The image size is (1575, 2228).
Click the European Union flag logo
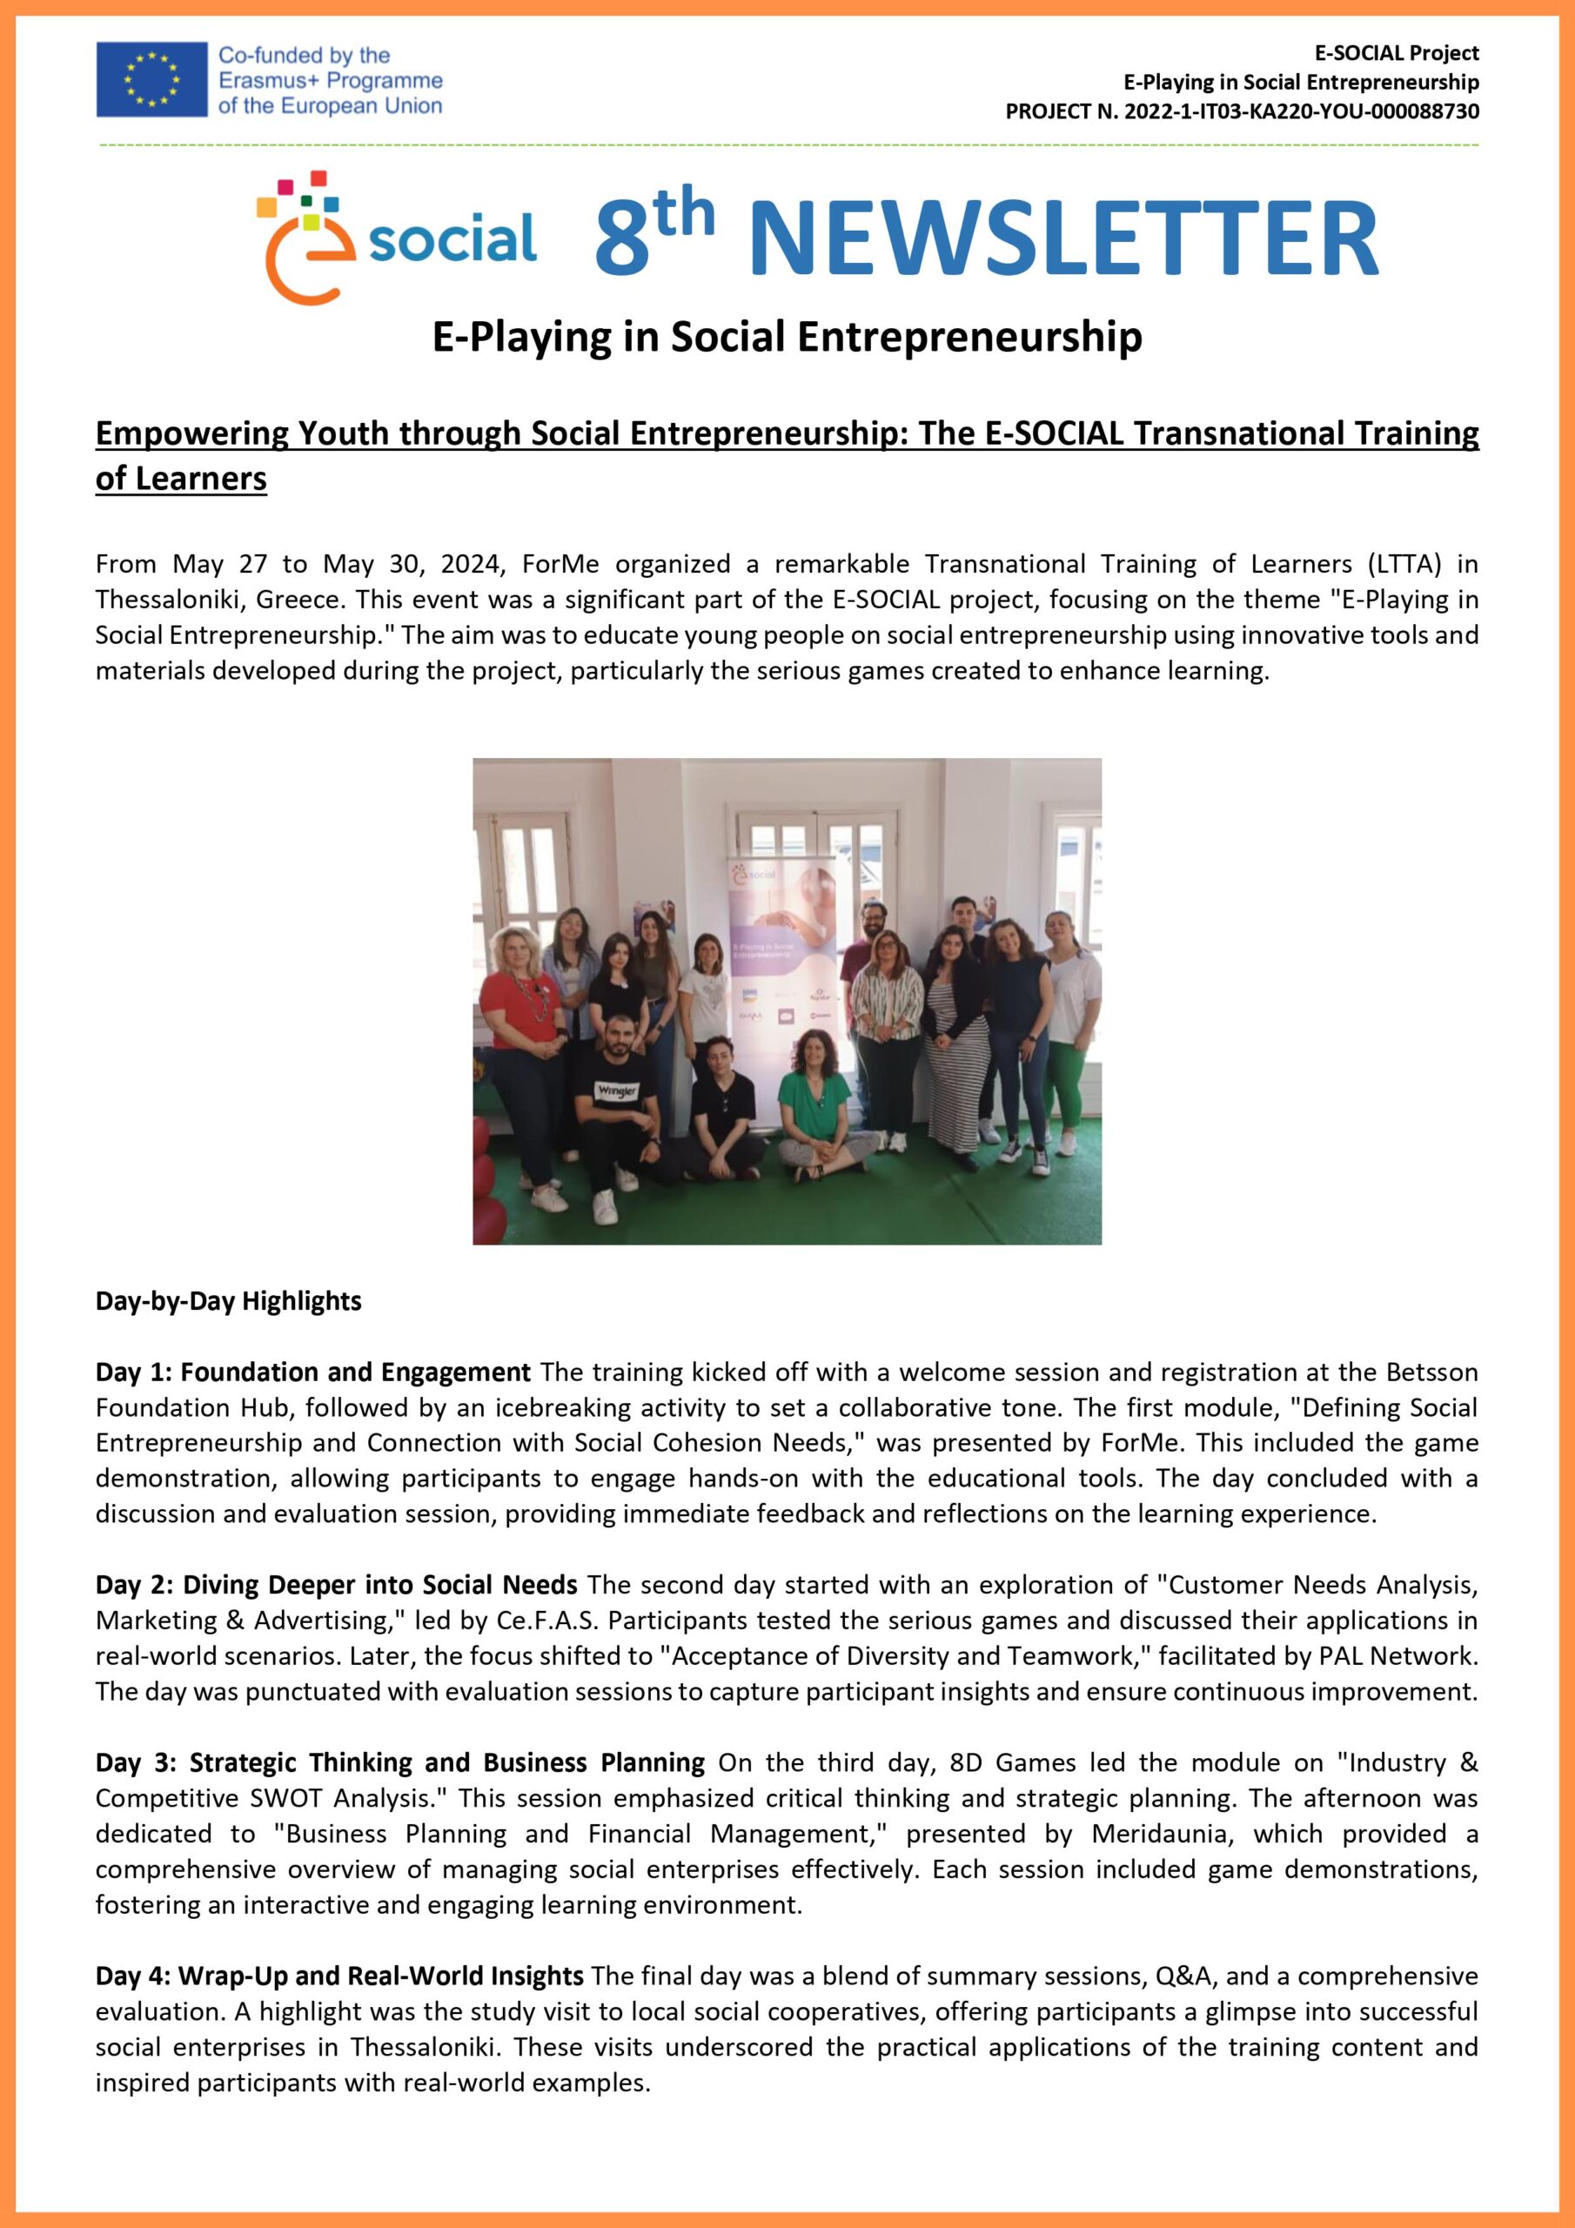151,79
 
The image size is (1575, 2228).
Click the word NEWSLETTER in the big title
1062,238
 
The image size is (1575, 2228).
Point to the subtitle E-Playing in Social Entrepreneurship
786,337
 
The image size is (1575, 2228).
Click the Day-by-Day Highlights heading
228,1301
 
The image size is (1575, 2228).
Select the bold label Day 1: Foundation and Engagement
312,1372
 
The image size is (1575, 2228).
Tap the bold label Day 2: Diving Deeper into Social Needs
336,1585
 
